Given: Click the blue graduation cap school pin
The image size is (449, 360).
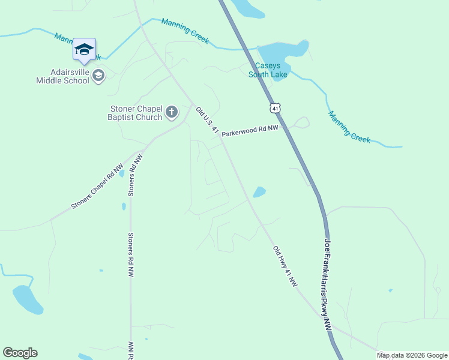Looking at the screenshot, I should click(84, 50).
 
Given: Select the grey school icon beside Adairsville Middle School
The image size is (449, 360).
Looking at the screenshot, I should click(99, 76).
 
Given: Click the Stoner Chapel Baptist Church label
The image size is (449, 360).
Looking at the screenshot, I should click(135, 113).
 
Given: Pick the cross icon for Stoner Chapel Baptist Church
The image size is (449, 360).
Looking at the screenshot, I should click(172, 112).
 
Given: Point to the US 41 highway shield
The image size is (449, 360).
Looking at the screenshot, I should click(274, 108).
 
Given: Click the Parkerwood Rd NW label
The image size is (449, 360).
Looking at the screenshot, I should click(250, 131).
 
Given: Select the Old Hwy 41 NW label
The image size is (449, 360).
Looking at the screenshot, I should click(285, 266).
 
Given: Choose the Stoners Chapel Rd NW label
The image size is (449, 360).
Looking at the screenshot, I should click(97, 187).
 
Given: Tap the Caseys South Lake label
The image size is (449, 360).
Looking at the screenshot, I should click(268, 70).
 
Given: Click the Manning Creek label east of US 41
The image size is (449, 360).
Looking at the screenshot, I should click(349, 126).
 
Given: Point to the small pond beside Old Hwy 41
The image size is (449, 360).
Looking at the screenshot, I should click(259, 193).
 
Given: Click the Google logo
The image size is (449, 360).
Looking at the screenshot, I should click(20, 353).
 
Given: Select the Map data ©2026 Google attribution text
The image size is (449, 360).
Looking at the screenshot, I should click(412, 355).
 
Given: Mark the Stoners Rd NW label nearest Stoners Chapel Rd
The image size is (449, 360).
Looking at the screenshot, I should click(134, 175).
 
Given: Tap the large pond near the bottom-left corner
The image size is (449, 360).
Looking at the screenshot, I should click(28, 299).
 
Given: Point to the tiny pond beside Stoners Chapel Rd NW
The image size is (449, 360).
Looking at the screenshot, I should click(122, 174).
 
